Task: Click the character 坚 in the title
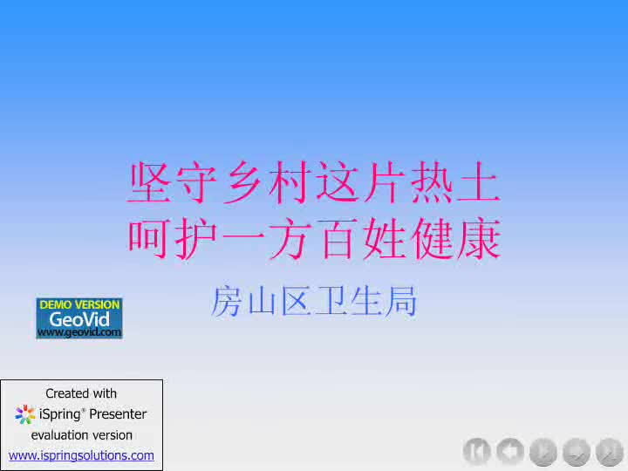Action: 148,182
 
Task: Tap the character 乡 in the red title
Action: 243,182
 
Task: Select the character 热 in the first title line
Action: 432,182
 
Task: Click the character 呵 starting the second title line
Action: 148,239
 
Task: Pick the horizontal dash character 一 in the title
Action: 243,238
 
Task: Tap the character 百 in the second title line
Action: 338,239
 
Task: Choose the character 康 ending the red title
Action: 479,239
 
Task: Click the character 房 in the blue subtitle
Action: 226,301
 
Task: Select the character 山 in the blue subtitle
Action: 261,301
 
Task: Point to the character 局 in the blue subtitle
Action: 402,301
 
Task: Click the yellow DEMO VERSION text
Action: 79,304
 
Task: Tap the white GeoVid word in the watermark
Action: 79,319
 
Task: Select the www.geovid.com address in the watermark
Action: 79,332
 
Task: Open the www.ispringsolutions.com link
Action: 81,455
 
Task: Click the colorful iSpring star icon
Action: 24,414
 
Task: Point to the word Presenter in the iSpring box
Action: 118,413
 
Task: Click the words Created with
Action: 81,393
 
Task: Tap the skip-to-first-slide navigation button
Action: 476,452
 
